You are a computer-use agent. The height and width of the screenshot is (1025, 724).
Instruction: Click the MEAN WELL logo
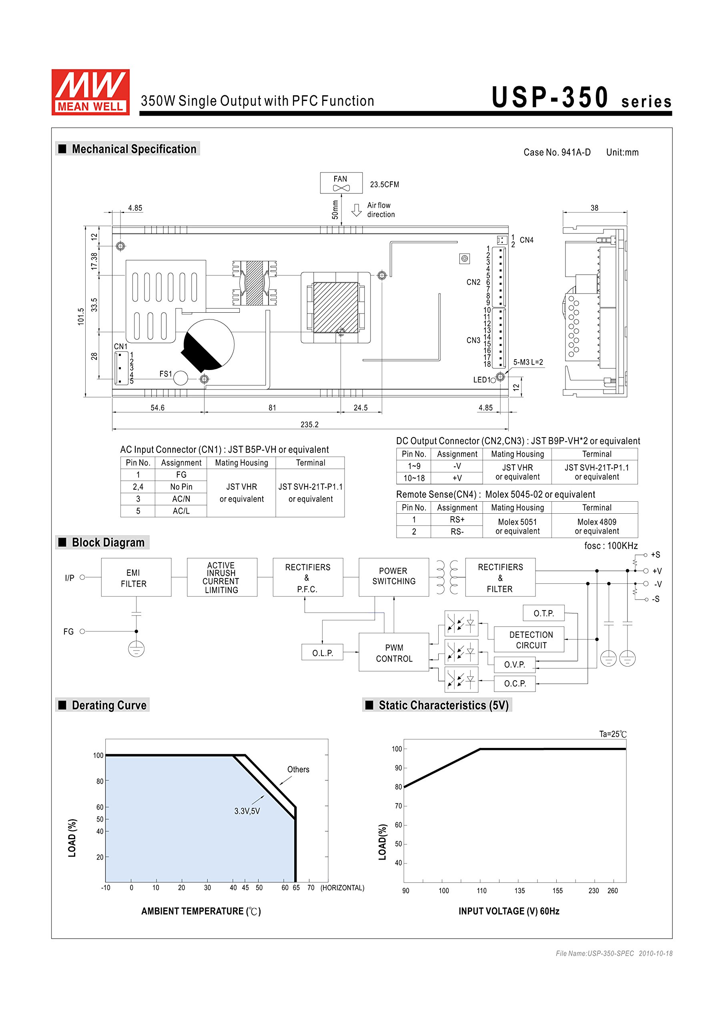tap(90, 92)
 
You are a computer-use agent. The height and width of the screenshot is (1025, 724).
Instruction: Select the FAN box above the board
tap(341, 183)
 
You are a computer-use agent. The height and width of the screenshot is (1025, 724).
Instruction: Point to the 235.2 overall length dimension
tap(309, 424)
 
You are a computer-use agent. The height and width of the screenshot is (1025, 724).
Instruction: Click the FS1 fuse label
tap(166, 374)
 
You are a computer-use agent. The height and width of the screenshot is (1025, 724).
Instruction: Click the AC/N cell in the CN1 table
tap(181, 498)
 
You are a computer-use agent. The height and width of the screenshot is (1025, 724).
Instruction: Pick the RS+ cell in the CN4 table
tap(457, 519)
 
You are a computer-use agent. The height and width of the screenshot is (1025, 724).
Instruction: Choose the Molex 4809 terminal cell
tap(596, 526)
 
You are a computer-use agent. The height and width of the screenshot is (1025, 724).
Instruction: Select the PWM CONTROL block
tap(394, 652)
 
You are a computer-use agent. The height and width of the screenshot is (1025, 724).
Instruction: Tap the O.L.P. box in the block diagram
tap(322, 652)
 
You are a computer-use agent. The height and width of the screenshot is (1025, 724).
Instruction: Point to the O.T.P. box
tap(544, 613)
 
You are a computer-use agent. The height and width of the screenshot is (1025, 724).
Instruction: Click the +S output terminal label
tap(655, 555)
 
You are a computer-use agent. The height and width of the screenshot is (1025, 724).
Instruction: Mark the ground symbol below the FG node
tap(136, 649)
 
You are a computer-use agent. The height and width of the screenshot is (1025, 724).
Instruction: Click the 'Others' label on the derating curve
tap(298, 769)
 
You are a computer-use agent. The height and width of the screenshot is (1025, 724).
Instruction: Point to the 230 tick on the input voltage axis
tap(594, 890)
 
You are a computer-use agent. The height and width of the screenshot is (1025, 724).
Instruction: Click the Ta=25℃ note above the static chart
tap(612, 734)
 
